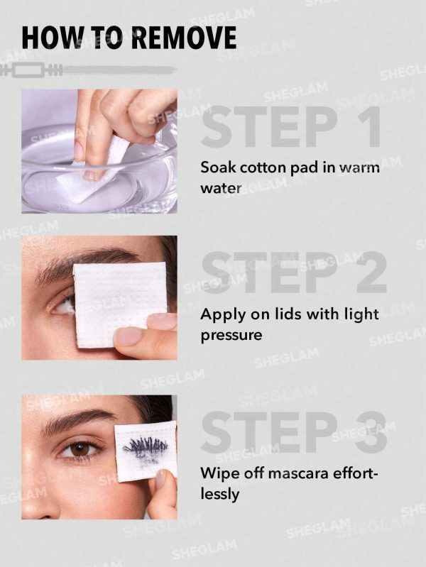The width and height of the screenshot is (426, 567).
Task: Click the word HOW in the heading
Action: coord(46,38)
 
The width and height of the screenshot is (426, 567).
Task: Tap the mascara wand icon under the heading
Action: coord(89,70)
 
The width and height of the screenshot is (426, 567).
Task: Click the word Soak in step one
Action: coord(217,168)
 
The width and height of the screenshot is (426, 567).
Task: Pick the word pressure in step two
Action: coord(231,334)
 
